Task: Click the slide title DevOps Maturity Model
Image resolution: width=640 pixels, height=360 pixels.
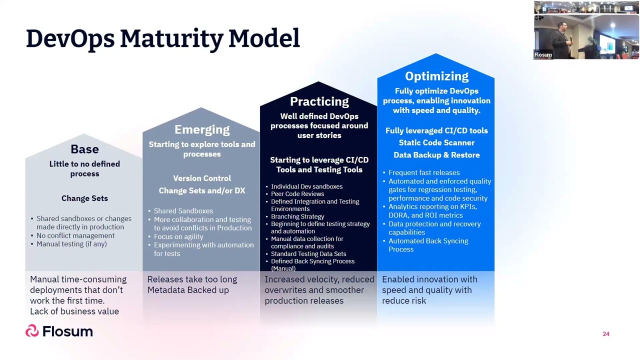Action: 162,39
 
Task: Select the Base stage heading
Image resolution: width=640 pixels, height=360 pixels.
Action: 84,149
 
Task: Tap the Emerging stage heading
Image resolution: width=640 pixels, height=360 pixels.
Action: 202,129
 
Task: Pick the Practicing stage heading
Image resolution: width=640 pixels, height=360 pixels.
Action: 319,101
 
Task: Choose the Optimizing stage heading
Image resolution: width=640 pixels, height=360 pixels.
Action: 436,76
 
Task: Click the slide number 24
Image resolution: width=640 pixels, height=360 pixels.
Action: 606,334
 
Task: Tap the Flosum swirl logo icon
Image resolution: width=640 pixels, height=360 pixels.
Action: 32,331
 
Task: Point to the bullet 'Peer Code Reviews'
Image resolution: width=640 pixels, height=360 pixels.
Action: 297,194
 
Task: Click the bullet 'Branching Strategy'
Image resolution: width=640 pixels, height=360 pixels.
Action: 297,216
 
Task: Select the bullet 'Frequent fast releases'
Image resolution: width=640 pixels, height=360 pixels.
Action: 424,172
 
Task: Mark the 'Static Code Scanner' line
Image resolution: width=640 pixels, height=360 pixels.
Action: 436,142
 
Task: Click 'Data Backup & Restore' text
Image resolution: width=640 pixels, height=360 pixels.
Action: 436,155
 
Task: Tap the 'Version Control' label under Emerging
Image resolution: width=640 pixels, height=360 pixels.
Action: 202,178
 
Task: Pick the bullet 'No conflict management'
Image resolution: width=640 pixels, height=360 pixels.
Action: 75,235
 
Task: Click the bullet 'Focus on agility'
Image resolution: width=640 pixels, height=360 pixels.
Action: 178,236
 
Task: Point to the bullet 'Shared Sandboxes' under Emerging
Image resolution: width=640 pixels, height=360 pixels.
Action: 183,211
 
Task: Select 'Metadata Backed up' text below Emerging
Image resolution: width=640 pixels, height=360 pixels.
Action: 188,290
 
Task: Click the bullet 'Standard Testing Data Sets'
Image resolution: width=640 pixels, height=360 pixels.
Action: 308,254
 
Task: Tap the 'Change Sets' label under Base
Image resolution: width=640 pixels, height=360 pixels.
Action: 84,198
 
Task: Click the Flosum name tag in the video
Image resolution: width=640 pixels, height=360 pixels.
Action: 543,55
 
